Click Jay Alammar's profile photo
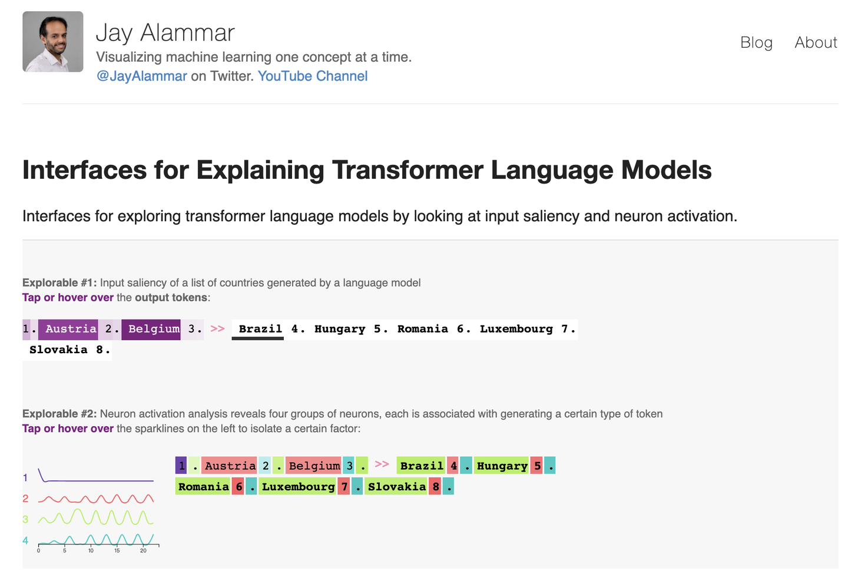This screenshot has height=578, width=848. pos(53,42)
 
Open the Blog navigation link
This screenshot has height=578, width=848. pos(756,42)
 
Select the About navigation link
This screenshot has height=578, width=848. pos(816,42)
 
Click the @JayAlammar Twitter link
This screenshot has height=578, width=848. pos(141,76)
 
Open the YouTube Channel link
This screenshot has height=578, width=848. pos(313,76)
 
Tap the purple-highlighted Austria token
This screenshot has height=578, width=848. pos(71,329)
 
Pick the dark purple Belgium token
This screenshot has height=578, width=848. pos(154,329)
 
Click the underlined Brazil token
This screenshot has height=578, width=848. pos(260,329)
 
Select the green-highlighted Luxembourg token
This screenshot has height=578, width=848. pos(298,487)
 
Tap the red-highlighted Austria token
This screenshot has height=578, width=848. pos(230,466)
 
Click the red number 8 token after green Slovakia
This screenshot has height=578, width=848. pos(436,487)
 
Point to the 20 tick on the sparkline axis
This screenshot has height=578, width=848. pos(143,550)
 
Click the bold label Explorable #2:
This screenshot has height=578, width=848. pos(59,414)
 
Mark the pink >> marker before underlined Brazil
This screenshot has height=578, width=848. pos(218,328)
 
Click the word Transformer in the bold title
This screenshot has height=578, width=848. pos(408,170)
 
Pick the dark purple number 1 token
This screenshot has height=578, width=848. pos(181,466)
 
